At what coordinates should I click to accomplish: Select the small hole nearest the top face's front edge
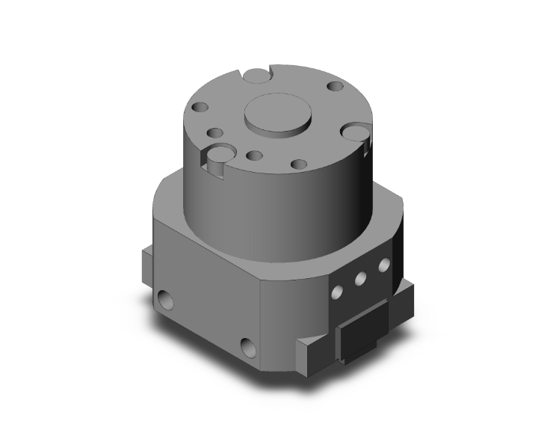click(298, 164)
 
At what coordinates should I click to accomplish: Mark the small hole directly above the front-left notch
click(216, 134)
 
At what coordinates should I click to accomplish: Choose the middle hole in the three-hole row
click(360, 277)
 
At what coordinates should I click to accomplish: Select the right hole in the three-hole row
click(383, 265)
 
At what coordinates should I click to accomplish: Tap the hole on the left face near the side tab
click(164, 302)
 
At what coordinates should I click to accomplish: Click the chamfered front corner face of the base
click(291, 314)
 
